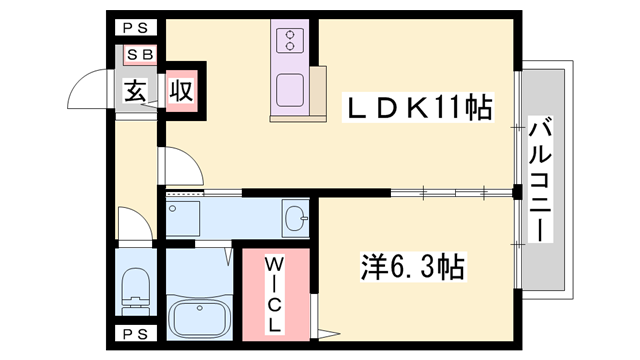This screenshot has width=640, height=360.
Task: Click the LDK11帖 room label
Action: [418, 107]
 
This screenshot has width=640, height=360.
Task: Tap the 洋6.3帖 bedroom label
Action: [413, 267]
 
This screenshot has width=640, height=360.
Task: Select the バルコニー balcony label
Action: [540, 179]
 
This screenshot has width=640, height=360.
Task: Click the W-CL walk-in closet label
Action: [274, 294]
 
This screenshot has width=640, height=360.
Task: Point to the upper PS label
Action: [136, 28]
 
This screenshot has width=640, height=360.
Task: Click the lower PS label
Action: [136, 335]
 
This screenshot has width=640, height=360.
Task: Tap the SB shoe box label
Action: [140, 54]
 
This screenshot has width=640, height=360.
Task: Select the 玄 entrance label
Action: [135, 91]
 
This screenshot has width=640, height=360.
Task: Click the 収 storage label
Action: [182, 91]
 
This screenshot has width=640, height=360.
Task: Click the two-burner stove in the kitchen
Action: [290, 40]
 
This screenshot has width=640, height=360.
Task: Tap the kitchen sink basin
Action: [290, 90]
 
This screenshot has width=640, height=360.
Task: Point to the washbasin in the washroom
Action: [296, 219]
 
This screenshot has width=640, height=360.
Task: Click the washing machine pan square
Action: [183, 218]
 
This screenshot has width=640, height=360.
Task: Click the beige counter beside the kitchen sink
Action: [318, 91]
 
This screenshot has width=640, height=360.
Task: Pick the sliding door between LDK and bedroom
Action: [452, 192]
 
